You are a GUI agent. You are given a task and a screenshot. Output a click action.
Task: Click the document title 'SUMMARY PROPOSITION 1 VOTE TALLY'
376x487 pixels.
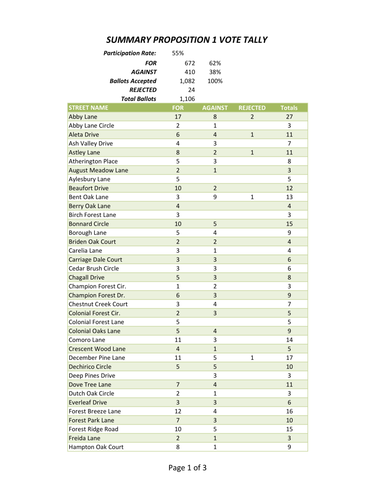coord(187,40)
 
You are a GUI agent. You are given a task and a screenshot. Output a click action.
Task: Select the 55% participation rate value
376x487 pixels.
coord(178,53)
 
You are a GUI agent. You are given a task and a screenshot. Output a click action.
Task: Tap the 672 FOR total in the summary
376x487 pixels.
coord(190,63)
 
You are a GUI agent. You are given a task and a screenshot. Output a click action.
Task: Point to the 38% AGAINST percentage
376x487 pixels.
coord(215,72)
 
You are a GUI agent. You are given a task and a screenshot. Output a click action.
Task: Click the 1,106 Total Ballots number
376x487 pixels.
coord(187,99)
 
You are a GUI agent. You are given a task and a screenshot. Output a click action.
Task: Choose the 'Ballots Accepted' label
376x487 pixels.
coord(133,81)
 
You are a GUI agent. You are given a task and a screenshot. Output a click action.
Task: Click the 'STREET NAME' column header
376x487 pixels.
coord(88,108)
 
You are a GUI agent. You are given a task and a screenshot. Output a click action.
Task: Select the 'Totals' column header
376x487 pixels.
coord(289,108)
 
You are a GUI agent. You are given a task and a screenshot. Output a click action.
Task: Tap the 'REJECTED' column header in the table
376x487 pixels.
coord(252,108)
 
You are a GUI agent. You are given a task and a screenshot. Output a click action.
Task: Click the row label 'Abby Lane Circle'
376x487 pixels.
coord(91,126)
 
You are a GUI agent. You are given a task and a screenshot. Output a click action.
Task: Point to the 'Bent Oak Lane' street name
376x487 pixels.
coord(88,197)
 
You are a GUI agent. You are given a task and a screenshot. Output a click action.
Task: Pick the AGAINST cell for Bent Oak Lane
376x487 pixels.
coord(215,197)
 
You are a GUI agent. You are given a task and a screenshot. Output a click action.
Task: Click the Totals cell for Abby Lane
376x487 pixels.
coord(289,117)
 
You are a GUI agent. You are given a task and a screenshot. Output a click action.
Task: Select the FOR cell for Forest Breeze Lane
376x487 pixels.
coord(178,411)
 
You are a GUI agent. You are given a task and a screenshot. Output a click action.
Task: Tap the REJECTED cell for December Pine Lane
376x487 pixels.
coord(252,358)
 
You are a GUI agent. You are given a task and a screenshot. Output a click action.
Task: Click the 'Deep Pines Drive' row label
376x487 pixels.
coord(92,376)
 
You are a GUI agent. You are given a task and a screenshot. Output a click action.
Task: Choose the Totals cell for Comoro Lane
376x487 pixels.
coord(289,340)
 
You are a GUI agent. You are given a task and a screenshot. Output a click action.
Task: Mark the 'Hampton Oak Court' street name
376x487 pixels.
coord(96,447)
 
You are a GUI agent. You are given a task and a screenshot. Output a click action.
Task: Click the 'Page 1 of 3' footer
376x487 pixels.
coord(187,468)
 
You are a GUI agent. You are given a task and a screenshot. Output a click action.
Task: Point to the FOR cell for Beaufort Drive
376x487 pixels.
coord(178,188)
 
